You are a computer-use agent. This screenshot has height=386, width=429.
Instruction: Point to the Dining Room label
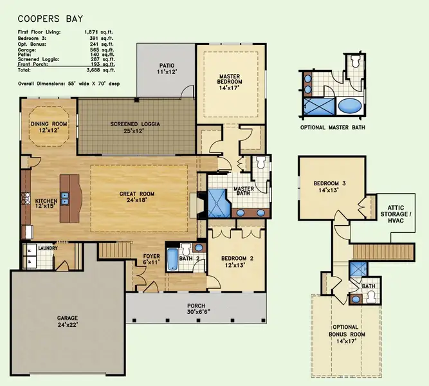[x=48, y=127]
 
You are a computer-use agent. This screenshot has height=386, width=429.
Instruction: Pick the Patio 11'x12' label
[x=167, y=69]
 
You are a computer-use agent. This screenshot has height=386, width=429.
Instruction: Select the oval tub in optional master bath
[x=350, y=106]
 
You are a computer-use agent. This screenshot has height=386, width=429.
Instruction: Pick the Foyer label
[x=151, y=259]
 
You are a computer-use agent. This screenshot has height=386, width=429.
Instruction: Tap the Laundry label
[x=48, y=248]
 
